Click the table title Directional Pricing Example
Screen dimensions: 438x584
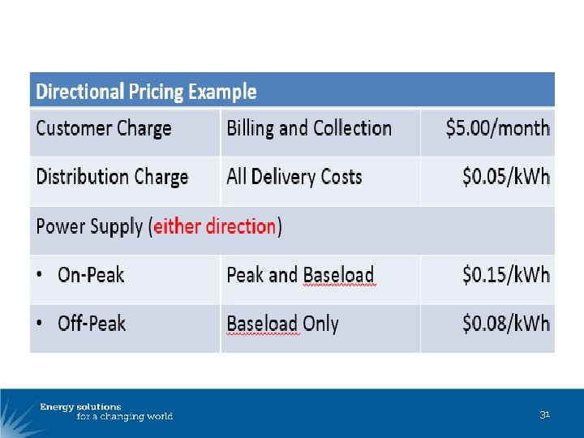(146, 92)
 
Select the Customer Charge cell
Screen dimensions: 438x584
(104, 129)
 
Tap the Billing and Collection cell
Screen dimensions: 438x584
(309, 129)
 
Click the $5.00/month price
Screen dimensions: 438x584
(498, 129)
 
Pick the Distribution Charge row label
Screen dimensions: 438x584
(112, 178)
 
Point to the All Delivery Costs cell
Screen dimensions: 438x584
(294, 178)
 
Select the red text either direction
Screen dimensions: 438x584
(215, 226)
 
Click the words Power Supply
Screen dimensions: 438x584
(91, 226)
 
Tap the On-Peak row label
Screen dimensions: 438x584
(91, 275)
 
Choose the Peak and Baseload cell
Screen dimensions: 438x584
(300, 276)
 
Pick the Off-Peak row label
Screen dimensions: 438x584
(92, 324)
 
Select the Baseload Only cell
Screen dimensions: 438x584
(282, 324)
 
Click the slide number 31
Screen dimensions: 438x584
(545, 414)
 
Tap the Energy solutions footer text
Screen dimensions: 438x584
(81, 406)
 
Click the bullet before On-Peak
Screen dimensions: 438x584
(41, 276)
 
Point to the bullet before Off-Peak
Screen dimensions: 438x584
(41, 324)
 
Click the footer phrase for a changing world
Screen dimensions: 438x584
(125, 417)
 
